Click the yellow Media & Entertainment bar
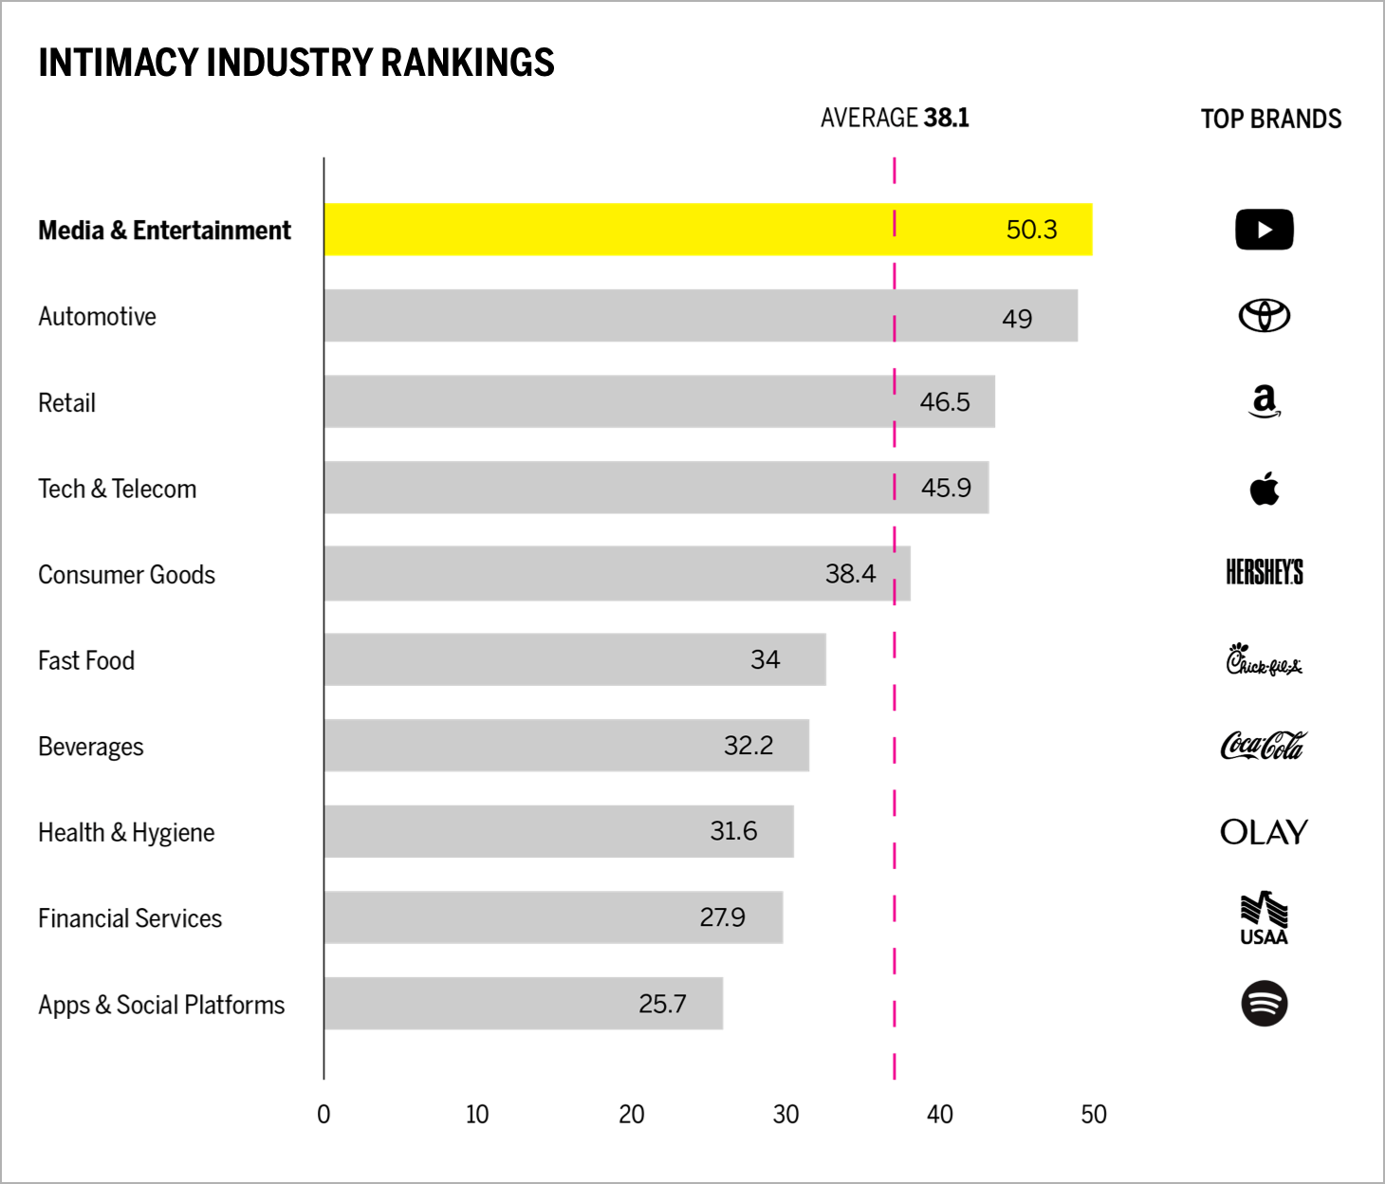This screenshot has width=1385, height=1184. pyautogui.click(x=664, y=230)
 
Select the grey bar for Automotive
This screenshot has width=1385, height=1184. pyautogui.click(x=664, y=316)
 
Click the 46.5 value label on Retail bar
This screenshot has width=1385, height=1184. pyautogui.click(x=945, y=402)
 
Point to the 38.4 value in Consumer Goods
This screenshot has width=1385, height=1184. pyautogui.click(x=850, y=574)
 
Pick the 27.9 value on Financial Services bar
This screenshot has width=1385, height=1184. pyautogui.click(x=722, y=917)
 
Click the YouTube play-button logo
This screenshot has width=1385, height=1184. pyautogui.click(x=1264, y=230)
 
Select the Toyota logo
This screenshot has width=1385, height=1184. pyautogui.click(x=1264, y=316)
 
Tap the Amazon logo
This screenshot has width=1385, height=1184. pyautogui.click(x=1264, y=401)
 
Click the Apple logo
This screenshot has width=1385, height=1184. pyautogui.click(x=1264, y=489)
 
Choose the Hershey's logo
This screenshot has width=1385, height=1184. pyautogui.click(x=1264, y=572)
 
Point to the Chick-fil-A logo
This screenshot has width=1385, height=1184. pyautogui.click(x=1264, y=659)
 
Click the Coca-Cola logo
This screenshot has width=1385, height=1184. pyautogui.click(x=1264, y=746)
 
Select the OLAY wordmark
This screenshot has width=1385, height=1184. pyautogui.click(x=1264, y=832)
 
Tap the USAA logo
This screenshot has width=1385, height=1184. pyautogui.click(x=1264, y=918)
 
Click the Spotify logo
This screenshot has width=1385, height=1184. pyautogui.click(x=1264, y=1004)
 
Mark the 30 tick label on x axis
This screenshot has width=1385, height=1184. pyautogui.click(x=785, y=1115)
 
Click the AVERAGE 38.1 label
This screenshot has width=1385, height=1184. pyautogui.click(x=895, y=118)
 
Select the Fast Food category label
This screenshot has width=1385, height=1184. pyautogui.click(x=86, y=660)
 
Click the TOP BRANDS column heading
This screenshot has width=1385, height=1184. pyautogui.click(x=1270, y=120)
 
